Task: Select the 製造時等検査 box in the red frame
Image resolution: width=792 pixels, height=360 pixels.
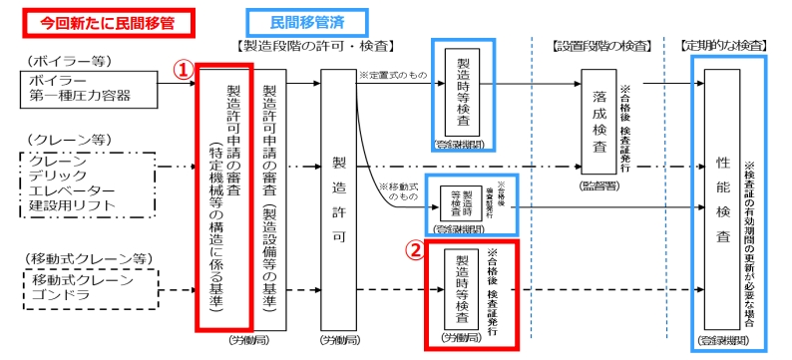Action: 461,290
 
